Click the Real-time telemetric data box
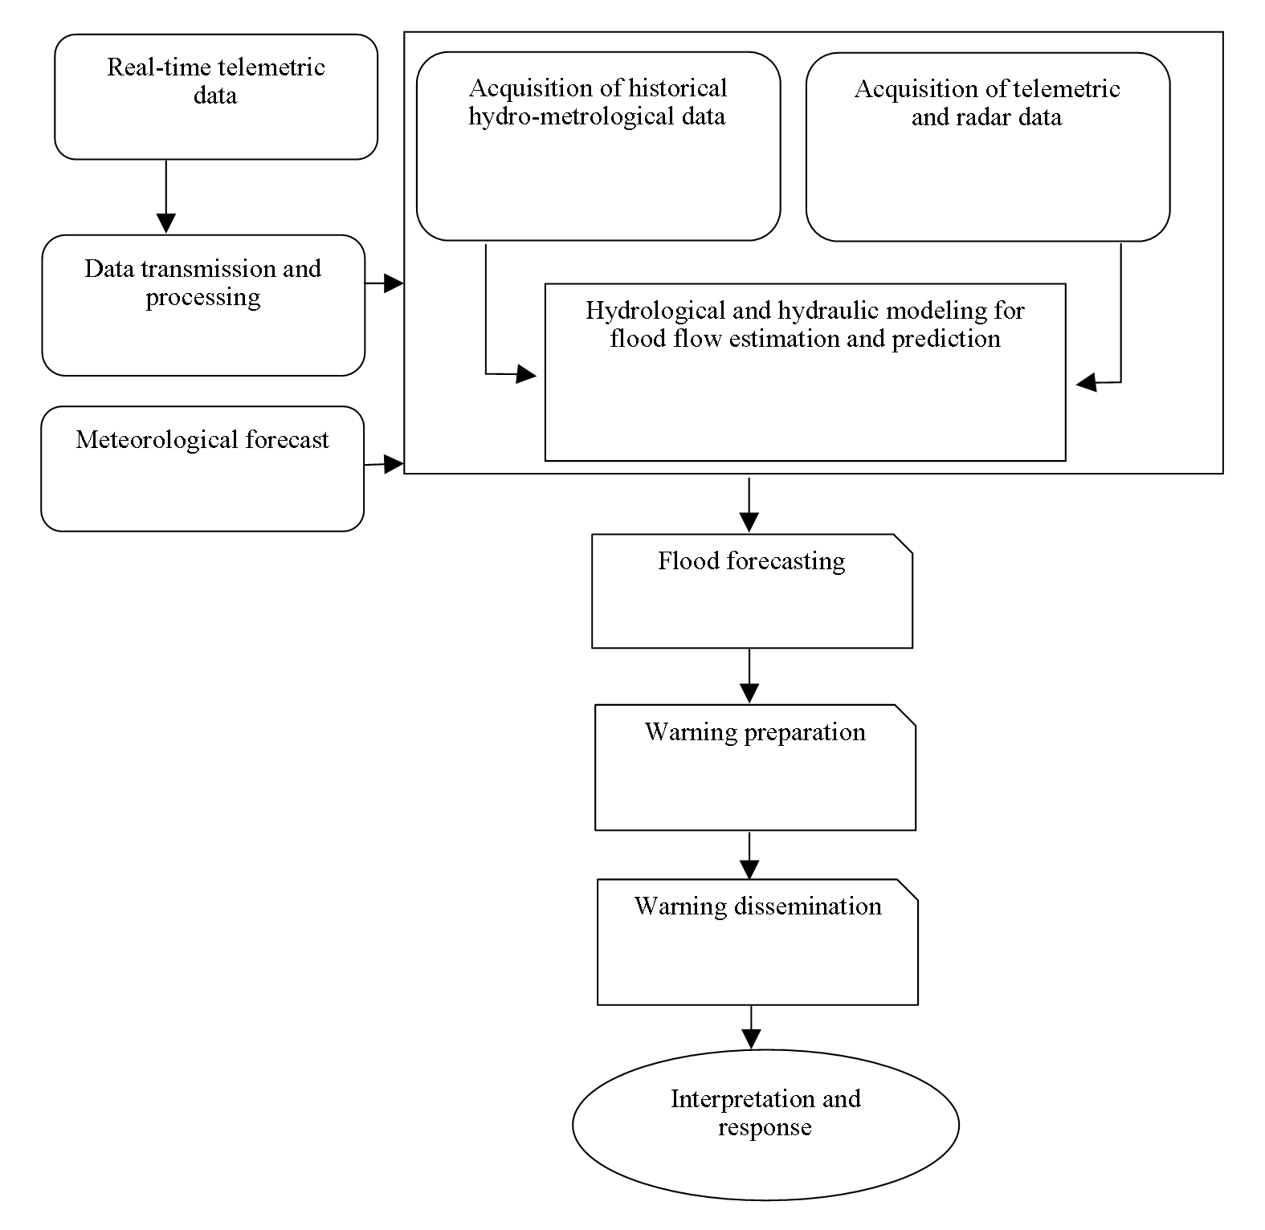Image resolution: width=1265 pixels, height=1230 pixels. (x=216, y=96)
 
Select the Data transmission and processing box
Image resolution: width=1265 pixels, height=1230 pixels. (x=203, y=305)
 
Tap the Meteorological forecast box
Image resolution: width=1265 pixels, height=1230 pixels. (x=202, y=468)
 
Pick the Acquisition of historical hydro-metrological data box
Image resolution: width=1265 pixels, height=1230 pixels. (x=598, y=146)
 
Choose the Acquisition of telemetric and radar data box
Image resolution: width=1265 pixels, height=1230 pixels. (x=988, y=147)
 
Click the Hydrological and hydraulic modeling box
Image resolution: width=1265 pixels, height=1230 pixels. (x=806, y=372)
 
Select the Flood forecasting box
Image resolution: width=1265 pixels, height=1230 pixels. (x=753, y=591)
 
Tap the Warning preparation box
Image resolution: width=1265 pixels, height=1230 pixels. (x=755, y=768)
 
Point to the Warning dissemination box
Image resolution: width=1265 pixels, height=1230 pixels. (x=757, y=942)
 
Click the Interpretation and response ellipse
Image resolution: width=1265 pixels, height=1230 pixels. (x=765, y=1124)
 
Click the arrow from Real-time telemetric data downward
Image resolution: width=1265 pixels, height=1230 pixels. (x=165, y=197)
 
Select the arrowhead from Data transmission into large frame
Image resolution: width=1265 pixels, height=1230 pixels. (x=394, y=283)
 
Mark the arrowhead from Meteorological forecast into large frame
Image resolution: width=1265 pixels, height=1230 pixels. (x=394, y=463)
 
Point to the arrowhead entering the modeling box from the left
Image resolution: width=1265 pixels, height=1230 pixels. (x=526, y=374)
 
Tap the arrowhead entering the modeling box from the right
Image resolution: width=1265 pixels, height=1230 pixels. (x=1086, y=383)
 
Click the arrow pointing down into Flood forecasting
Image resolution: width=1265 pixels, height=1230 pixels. (x=749, y=505)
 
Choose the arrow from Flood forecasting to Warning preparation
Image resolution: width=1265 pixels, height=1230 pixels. (x=749, y=676)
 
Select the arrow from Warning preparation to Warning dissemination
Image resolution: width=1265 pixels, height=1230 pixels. (x=749, y=855)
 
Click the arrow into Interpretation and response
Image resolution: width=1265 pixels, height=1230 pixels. (x=751, y=1027)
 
